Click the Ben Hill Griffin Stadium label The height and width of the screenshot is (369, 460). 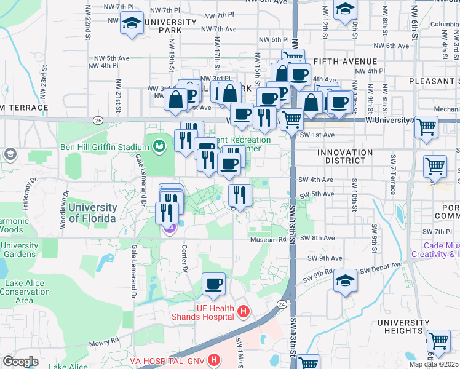(105, 148)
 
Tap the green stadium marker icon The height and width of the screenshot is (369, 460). (159, 146)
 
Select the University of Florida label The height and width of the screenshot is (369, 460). (92, 213)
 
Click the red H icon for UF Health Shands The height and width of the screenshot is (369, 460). (243, 312)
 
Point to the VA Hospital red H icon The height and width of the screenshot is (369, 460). (214, 359)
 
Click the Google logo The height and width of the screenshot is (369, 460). (21, 362)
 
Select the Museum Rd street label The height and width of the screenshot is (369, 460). (268, 239)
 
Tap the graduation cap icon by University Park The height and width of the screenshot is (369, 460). (132, 23)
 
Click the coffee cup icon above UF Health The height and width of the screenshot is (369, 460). (213, 284)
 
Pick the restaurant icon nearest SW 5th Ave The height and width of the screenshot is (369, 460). (240, 195)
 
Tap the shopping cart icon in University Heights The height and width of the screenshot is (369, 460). (438, 340)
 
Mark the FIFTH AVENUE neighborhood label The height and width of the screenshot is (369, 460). (344, 61)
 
